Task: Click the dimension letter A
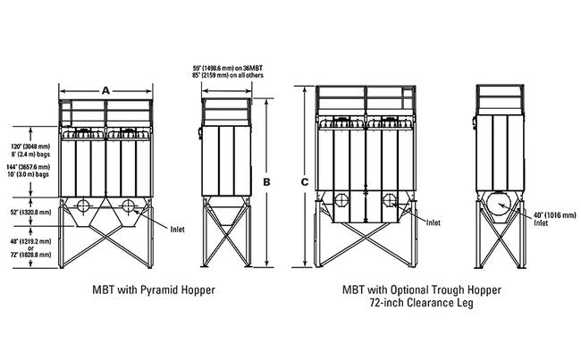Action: [106, 90]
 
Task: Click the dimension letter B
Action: [265, 183]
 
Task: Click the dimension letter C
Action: [305, 183]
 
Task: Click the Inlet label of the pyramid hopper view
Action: [177, 229]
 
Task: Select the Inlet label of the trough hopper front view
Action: [433, 222]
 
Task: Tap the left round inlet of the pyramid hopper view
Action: [82, 206]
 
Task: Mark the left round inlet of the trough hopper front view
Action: [341, 199]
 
